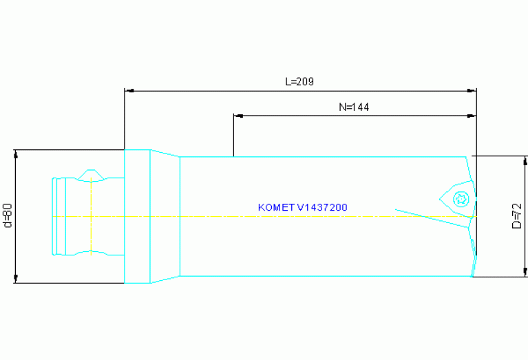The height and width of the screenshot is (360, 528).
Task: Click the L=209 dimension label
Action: coord(299,81)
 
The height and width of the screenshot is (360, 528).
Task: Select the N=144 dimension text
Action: coord(355,107)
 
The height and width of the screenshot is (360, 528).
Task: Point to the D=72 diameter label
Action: coord(517,216)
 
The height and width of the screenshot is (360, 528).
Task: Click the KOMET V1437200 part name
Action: coord(302,207)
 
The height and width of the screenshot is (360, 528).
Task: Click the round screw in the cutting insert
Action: coord(461,200)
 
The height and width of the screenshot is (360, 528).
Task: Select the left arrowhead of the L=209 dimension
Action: coord(128,90)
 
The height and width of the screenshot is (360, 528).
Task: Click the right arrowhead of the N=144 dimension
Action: coord(472,116)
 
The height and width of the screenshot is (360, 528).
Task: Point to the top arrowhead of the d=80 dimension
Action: coord(15,153)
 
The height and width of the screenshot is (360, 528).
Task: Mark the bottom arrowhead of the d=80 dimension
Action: coord(15,278)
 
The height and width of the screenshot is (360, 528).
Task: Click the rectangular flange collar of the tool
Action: coord(137,215)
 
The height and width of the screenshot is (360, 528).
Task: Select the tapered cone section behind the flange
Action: coord(165,215)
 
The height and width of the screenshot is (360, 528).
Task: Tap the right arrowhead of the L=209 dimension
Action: coord(472,90)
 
